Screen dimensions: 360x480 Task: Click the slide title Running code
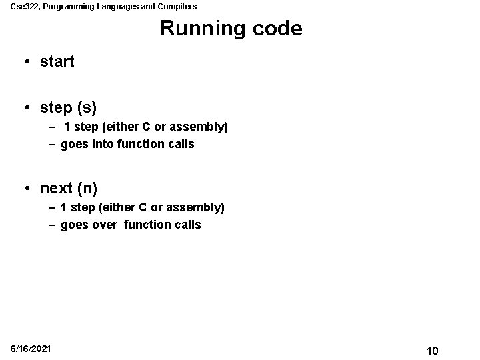point(231,29)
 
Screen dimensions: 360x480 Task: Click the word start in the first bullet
point(57,62)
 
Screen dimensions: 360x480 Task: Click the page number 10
point(432,351)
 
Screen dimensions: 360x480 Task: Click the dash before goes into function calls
point(51,144)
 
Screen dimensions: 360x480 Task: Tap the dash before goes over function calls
point(51,225)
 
